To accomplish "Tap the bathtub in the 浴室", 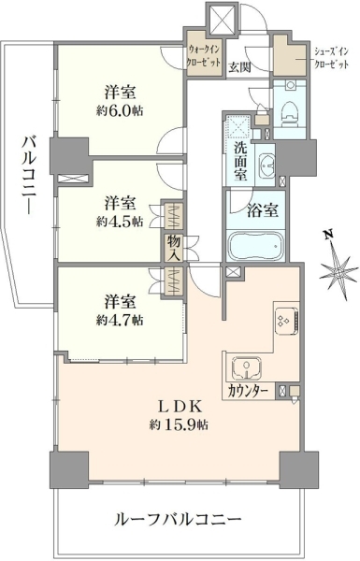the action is pyautogui.click(x=255, y=247).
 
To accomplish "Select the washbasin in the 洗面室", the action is pyautogui.click(x=266, y=163).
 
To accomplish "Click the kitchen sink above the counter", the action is pyautogui.click(x=247, y=368).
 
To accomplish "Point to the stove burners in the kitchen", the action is pyautogui.click(x=286, y=321).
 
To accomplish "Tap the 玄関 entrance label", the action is pyautogui.click(x=239, y=67).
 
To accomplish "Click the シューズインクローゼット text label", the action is pyautogui.click(x=331, y=58).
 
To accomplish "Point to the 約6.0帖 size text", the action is pyautogui.click(x=120, y=111).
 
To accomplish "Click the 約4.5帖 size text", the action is pyautogui.click(x=120, y=222).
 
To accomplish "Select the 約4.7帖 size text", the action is pyautogui.click(x=120, y=320).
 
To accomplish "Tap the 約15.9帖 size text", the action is pyautogui.click(x=180, y=424).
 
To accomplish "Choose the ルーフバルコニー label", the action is pyautogui.click(x=178, y=519).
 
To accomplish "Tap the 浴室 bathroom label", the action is pyautogui.click(x=263, y=211).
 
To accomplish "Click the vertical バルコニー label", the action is pyautogui.click(x=28, y=176).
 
